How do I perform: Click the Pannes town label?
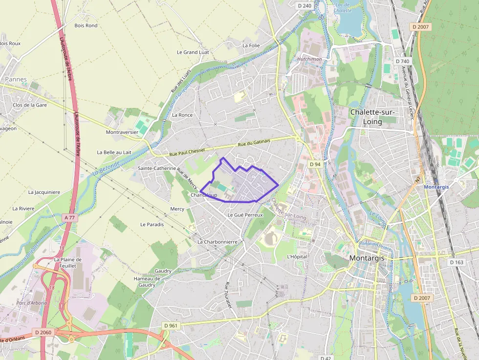(16, 79)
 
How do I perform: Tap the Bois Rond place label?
(86, 25)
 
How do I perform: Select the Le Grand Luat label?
(193, 52)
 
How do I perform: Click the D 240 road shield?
(305, 6)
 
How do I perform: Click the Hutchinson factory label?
(309, 59)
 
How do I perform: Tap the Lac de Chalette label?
(343, 7)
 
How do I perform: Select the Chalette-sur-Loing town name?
(373, 117)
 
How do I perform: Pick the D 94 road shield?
(315, 164)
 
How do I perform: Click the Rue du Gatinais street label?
(254, 143)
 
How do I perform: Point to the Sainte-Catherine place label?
(157, 168)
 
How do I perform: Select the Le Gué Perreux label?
(245, 215)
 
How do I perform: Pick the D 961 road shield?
(171, 326)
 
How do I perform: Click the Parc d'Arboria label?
(32, 303)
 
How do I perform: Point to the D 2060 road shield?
(43, 332)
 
